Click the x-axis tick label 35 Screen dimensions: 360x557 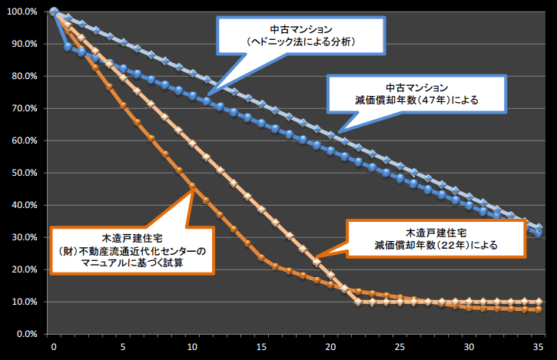coord(539,348)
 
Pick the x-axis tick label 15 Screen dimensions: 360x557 coord(262,348)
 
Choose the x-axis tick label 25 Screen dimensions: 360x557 coord(400,348)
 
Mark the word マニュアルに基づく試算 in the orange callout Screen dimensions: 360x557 coord(131,263)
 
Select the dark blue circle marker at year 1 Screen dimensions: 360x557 coord(68,47)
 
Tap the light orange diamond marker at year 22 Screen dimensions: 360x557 coord(359,302)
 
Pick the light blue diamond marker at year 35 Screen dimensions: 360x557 coord(539,228)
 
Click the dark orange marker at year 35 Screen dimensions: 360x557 coord(539,309)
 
